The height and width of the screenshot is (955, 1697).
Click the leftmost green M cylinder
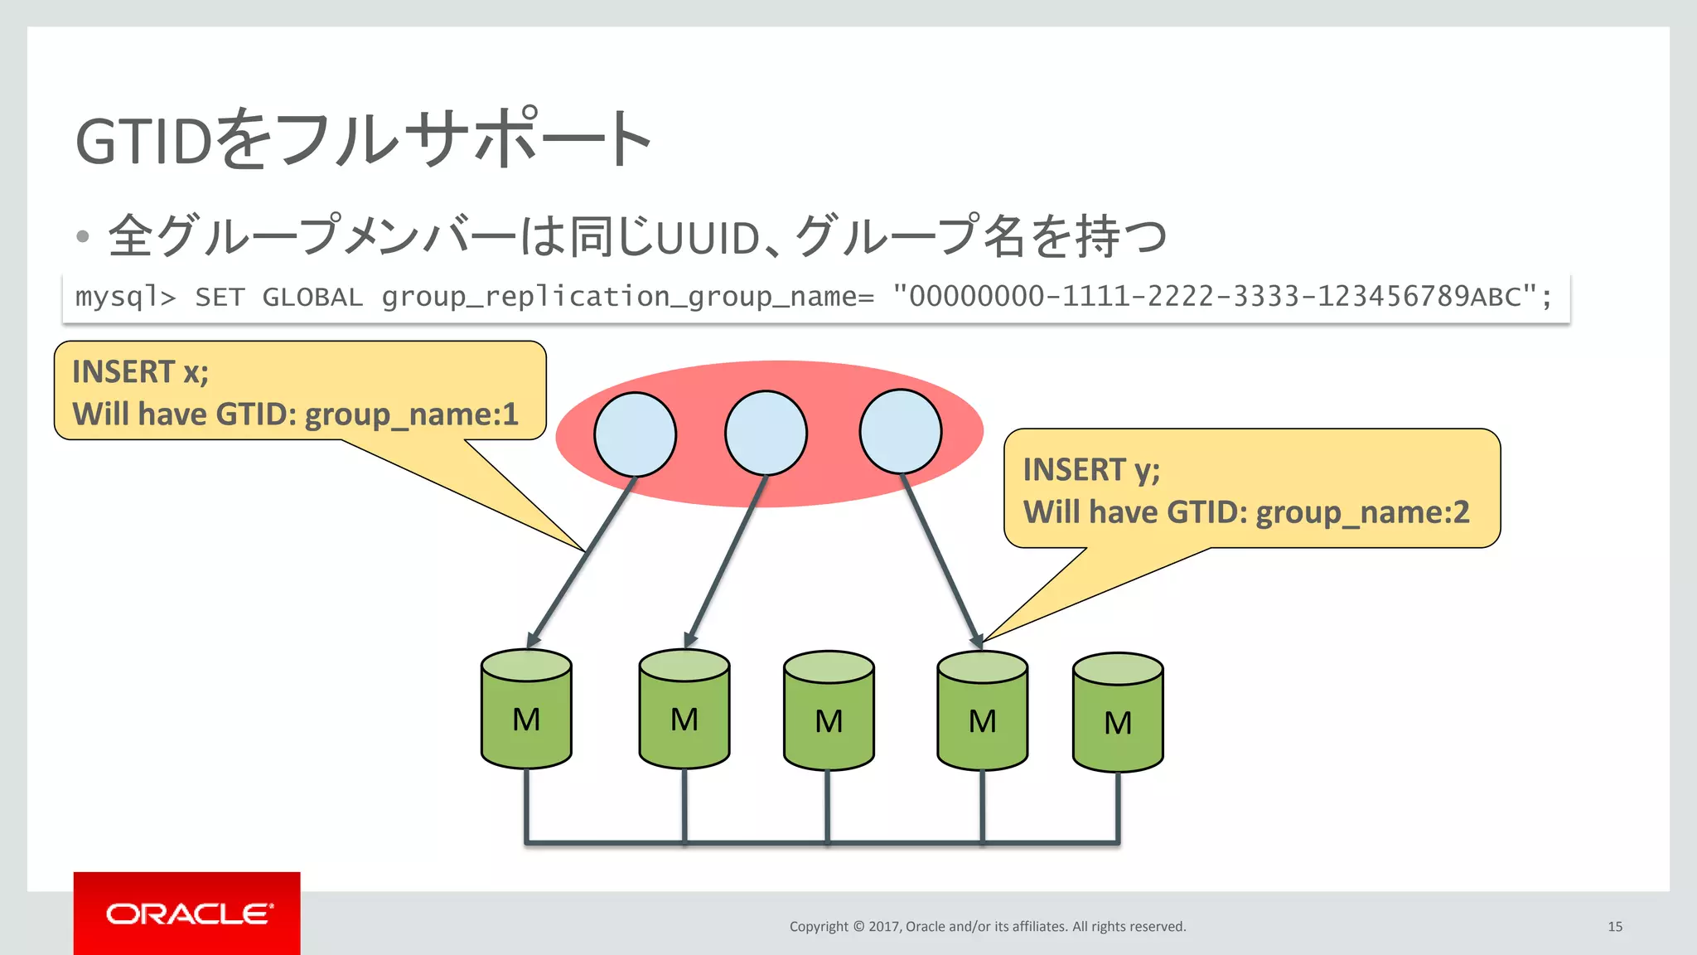tap(526, 710)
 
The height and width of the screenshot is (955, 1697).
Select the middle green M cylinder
tap(829, 712)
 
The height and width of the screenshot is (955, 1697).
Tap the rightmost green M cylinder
tap(1118, 714)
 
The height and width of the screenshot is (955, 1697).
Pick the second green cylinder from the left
tap(684, 710)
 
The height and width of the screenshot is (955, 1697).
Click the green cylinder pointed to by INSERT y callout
tap(982, 712)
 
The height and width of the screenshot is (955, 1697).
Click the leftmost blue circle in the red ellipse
tap(636, 434)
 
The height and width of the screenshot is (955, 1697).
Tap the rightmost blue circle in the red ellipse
tap(901, 432)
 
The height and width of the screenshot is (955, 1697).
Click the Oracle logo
tap(187, 914)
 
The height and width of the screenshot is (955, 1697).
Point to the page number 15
tap(1614, 927)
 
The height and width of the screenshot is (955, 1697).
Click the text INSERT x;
tap(140, 372)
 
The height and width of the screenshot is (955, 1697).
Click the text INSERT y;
tap(1090, 470)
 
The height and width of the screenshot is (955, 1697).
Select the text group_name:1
tap(411, 414)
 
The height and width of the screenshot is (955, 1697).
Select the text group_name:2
tap(1362, 513)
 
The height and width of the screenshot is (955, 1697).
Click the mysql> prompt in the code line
tap(125, 297)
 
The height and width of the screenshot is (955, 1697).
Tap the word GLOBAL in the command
tap(312, 297)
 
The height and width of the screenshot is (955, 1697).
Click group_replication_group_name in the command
tap(627, 297)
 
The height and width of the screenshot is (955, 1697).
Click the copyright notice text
tap(987, 927)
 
